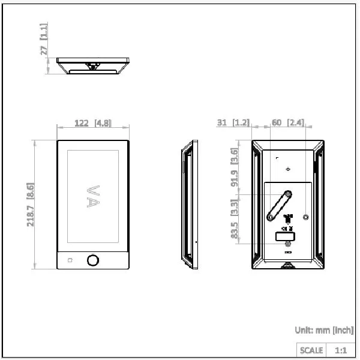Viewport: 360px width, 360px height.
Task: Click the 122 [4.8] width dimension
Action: pyautogui.click(x=93, y=123)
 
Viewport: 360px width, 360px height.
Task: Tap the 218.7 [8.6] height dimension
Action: pyautogui.click(x=31, y=205)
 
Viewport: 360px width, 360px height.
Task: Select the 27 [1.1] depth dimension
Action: pyautogui.click(x=44, y=39)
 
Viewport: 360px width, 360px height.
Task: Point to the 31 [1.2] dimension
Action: pyautogui.click(x=233, y=122)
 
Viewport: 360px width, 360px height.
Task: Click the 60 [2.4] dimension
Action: pyautogui.click(x=288, y=122)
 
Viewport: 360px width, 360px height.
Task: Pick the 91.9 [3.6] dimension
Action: pyautogui.click(x=235, y=167)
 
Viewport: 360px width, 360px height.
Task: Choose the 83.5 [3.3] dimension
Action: pyautogui.click(x=235, y=219)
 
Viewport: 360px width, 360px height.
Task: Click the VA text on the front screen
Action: pyautogui.click(x=93, y=197)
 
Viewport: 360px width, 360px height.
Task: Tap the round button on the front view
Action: pyautogui.click(x=93, y=260)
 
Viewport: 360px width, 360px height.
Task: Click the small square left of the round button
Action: pyautogui.click(x=70, y=260)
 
